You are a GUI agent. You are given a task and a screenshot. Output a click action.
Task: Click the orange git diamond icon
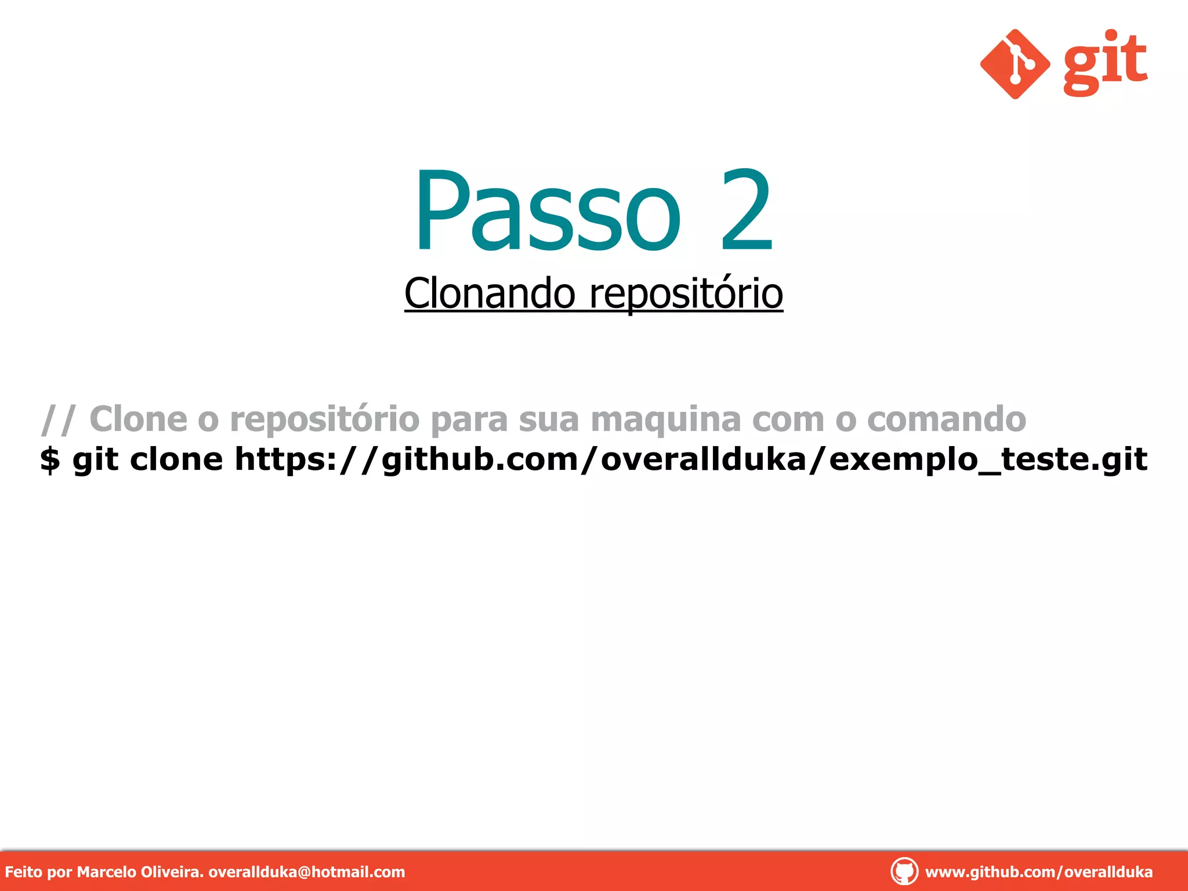1015,64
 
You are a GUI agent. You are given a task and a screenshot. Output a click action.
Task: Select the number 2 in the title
747,211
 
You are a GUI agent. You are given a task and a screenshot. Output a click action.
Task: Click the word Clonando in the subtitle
490,294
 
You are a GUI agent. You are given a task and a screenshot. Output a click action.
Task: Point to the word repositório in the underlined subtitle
686,295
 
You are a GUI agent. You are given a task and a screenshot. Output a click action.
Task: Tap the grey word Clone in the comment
139,419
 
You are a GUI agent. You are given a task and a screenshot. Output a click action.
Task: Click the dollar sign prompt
50,459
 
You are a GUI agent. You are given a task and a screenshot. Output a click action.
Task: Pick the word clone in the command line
176,459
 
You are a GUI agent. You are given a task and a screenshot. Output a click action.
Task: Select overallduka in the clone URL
704,459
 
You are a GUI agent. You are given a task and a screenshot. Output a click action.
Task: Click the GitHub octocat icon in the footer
904,871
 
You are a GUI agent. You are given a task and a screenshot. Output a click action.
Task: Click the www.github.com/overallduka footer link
1038,872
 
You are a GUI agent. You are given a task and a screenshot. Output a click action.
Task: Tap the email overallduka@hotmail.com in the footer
306,872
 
